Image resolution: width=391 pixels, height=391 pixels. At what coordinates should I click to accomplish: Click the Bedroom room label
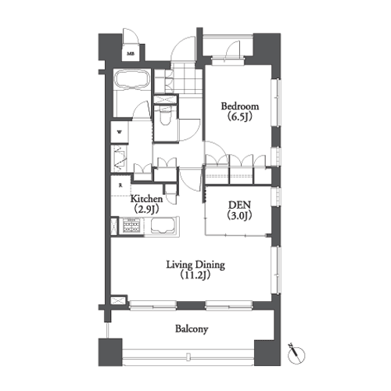(x=240, y=106)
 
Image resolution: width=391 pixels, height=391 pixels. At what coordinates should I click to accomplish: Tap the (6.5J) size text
(x=240, y=117)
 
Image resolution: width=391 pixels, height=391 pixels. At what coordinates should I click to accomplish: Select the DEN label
(x=239, y=205)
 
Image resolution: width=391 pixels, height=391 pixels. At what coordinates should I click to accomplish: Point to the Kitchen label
(x=146, y=199)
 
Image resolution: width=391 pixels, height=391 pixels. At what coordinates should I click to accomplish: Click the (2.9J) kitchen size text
(x=146, y=209)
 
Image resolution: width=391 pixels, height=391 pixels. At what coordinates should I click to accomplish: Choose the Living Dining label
(x=195, y=265)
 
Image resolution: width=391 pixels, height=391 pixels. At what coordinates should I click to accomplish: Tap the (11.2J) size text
(x=195, y=275)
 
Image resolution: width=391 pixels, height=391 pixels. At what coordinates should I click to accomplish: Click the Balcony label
(x=192, y=329)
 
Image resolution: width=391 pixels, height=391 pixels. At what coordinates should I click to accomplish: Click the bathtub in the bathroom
(x=132, y=80)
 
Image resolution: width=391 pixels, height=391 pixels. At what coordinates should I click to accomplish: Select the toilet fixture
(x=165, y=117)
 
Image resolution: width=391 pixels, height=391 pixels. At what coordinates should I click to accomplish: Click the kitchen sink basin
(x=163, y=225)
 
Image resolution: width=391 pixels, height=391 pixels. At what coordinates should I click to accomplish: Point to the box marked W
(x=120, y=132)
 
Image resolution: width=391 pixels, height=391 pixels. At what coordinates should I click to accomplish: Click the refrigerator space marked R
(x=120, y=185)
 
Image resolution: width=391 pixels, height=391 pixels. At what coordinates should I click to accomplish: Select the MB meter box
(x=131, y=54)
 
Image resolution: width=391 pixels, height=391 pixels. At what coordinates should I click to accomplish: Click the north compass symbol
(x=296, y=354)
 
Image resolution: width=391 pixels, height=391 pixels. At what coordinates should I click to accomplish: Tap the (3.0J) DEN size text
(x=239, y=216)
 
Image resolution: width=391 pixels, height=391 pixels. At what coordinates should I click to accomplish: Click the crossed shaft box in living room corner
(x=119, y=300)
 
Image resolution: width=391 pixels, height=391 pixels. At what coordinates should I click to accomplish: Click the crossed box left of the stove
(x=115, y=226)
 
